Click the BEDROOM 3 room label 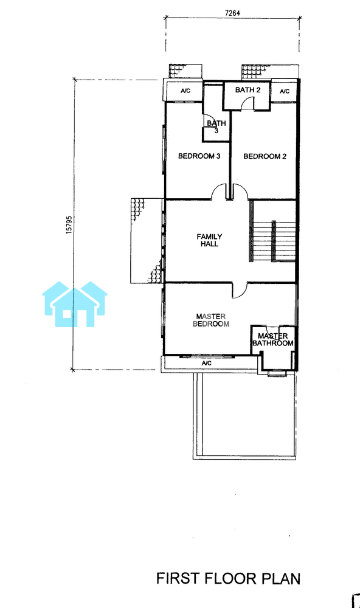click(199, 156)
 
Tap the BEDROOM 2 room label click(265, 156)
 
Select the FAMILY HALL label click(209, 240)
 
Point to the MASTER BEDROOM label click(210, 320)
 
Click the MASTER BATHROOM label click(272, 340)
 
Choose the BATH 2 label click(247, 90)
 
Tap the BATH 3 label click(216, 127)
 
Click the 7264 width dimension click(232, 13)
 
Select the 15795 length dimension click(69, 224)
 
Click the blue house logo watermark click(74, 304)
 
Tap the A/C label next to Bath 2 click(285, 92)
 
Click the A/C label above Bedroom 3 click(186, 91)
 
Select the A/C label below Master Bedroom click(207, 364)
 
